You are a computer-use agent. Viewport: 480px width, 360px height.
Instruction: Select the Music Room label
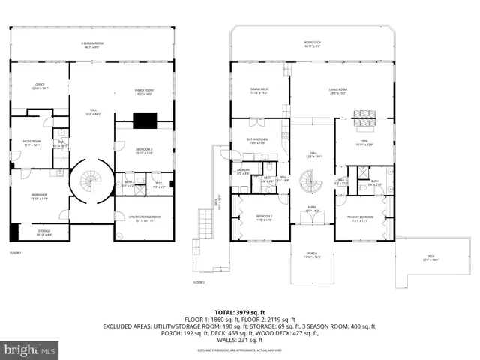32,143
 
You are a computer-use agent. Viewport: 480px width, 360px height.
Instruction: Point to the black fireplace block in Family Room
142,120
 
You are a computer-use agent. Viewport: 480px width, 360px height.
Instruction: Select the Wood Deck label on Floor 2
313,44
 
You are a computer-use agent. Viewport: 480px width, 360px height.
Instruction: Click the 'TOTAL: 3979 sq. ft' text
240,311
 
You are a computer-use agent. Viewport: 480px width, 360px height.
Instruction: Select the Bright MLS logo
30,349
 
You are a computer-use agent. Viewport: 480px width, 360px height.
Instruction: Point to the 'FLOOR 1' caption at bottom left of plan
15,253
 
